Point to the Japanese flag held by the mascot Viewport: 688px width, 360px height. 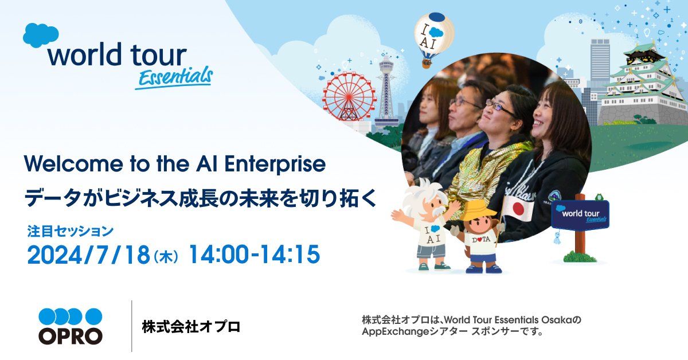coord(518,208)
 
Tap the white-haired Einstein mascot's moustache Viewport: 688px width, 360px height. coord(436,210)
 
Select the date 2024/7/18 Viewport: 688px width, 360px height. coord(88,255)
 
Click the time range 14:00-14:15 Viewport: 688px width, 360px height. coord(255,255)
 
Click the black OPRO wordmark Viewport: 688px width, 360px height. coord(71,336)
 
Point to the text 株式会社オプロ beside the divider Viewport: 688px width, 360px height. coord(191,327)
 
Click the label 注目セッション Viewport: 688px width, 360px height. coord(71,231)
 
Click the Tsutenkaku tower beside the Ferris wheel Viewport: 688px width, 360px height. coord(386,92)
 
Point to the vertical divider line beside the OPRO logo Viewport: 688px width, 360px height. coord(132,326)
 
